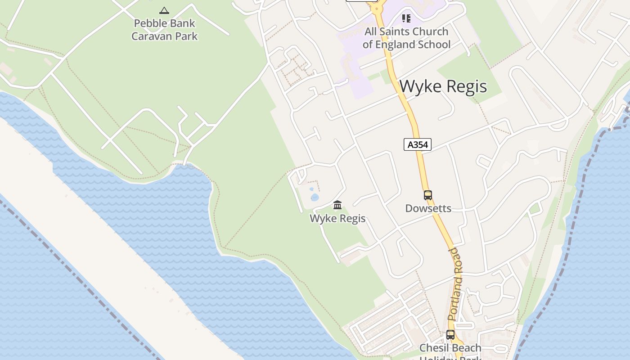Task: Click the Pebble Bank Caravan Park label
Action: (164, 30)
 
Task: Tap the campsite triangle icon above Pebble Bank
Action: (164, 10)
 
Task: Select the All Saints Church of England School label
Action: (406, 38)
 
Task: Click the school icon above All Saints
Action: (406, 18)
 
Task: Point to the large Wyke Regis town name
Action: (443, 86)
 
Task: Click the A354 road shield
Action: (418, 144)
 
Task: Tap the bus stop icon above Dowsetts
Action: (427, 195)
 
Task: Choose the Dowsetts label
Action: (428, 208)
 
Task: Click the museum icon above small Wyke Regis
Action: (337, 206)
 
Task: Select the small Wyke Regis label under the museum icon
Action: (337, 219)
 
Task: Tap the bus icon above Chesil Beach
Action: (450, 335)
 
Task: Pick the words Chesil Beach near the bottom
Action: (450, 348)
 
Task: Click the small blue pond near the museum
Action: (315, 197)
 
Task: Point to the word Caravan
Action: (148, 36)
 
